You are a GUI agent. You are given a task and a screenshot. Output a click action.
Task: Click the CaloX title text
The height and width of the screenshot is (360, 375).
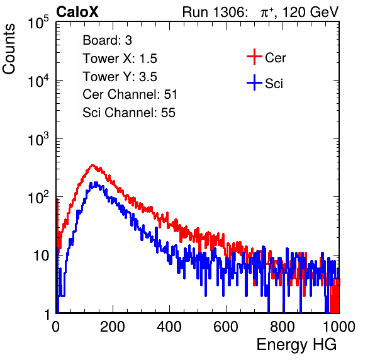click(77, 12)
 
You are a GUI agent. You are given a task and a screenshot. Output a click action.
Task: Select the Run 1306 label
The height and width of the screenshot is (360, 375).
click(215, 12)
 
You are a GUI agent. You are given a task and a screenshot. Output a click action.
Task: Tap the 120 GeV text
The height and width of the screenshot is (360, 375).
click(310, 12)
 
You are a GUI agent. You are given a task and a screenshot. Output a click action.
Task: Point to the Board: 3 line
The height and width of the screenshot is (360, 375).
click(107, 40)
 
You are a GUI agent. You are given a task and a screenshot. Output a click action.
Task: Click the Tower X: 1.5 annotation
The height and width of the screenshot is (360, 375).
click(120, 59)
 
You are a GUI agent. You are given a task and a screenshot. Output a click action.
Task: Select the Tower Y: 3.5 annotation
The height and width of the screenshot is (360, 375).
click(120, 77)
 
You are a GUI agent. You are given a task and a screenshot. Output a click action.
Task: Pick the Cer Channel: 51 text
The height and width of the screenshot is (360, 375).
click(130, 94)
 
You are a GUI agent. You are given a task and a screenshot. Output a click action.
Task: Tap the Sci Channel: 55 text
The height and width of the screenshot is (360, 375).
click(129, 113)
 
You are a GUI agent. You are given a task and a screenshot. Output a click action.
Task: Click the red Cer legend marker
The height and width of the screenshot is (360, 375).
click(254, 57)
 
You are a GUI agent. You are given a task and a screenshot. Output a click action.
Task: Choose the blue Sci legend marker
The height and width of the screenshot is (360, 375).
click(254, 83)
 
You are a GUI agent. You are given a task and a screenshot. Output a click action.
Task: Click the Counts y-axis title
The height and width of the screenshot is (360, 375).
click(9, 49)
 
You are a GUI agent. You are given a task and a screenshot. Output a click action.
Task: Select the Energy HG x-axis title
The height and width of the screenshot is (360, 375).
click(296, 345)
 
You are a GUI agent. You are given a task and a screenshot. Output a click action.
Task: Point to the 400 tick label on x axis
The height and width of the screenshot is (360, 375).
click(169, 327)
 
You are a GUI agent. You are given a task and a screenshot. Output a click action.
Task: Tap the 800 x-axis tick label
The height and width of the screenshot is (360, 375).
click(283, 327)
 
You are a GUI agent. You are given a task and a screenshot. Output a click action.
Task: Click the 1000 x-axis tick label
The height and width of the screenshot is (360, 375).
click(339, 327)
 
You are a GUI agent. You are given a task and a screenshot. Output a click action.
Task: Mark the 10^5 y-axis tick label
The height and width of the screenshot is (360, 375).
click(38, 22)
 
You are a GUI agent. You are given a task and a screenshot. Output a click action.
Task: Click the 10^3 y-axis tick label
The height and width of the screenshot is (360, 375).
click(38, 139)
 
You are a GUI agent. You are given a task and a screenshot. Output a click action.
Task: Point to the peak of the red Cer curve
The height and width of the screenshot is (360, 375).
click(92, 165)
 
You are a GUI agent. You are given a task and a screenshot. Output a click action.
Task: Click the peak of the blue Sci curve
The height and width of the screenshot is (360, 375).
click(96, 183)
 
